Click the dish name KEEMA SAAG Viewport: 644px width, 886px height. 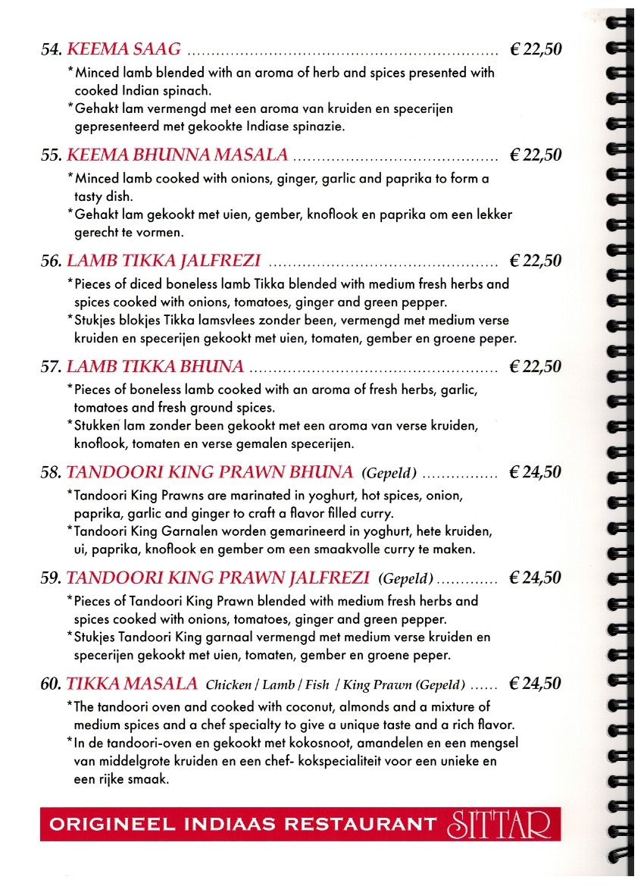tap(124, 50)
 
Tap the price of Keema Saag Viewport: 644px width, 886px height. tap(536, 50)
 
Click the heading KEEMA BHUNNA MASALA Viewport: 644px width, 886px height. tap(177, 155)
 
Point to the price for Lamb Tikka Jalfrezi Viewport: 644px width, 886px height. tap(536, 261)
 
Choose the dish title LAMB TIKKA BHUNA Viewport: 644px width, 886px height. tap(155, 367)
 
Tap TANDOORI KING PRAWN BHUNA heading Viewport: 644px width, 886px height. tap(210, 473)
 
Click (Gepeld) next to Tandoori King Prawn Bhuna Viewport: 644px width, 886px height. tap(389, 474)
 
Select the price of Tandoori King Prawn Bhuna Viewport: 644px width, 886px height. tap(536, 473)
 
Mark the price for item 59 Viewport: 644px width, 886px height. tap(536, 578)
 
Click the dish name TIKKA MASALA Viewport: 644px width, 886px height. tap(132, 684)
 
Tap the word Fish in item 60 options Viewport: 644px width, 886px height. tap(317, 685)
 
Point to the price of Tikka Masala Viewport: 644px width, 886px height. tap(536, 684)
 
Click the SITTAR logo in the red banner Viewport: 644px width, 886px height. tap(501, 824)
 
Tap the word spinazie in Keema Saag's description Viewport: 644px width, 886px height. tap(320, 127)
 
